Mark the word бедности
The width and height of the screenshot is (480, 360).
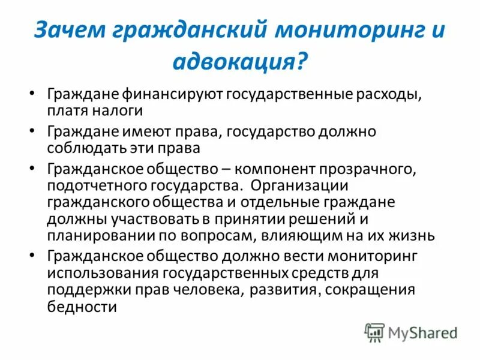(x=80, y=307)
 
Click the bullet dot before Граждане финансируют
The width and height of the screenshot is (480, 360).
(x=32, y=96)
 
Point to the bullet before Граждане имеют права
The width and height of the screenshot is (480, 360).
(x=32, y=131)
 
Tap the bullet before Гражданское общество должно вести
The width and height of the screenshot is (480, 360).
(x=32, y=256)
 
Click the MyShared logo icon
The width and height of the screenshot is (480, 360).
(x=375, y=332)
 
